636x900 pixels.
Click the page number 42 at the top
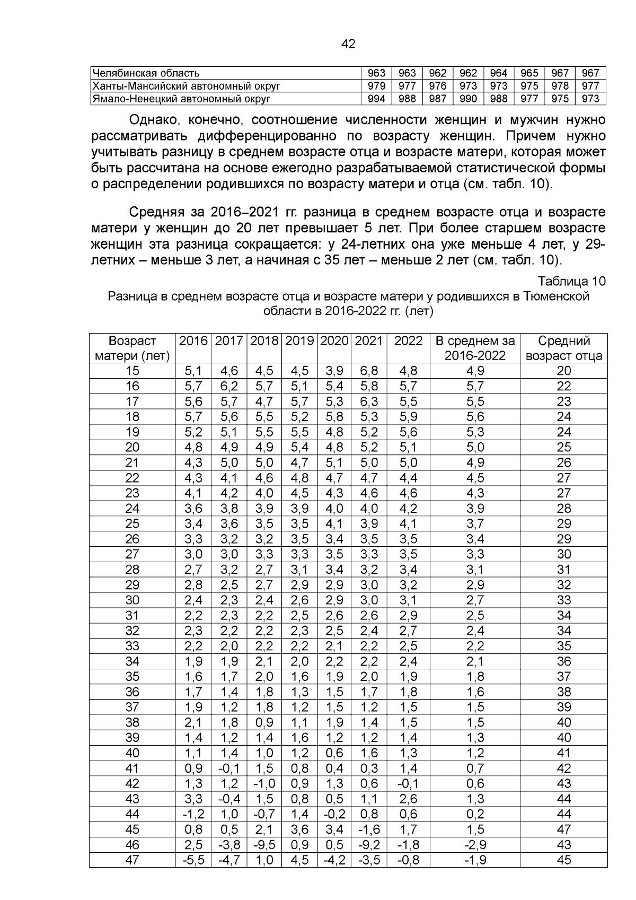click(x=348, y=45)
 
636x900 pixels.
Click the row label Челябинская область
click(x=146, y=73)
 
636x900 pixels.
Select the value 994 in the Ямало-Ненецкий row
click(x=376, y=99)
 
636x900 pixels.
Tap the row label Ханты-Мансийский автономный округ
click(x=186, y=86)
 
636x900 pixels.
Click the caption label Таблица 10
click(x=571, y=281)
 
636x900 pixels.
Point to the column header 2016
click(x=193, y=341)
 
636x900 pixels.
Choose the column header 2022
click(x=408, y=341)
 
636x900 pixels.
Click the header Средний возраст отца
click(x=564, y=348)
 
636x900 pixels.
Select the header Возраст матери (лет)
click(x=132, y=348)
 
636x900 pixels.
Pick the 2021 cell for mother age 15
click(x=369, y=371)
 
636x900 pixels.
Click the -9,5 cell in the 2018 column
click(x=264, y=845)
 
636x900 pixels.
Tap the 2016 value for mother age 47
click(x=193, y=860)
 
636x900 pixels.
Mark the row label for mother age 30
click(x=132, y=600)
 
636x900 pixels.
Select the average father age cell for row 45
click(x=564, y=829)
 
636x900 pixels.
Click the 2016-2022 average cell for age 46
click(x=475, y=845)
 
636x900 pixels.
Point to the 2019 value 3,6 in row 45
click(x=300, y=829)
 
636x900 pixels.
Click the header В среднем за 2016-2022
click(x=475, y=348)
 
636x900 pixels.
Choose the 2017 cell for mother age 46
click(x=229, y=845)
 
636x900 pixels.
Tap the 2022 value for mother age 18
click(x=408, y=417)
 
